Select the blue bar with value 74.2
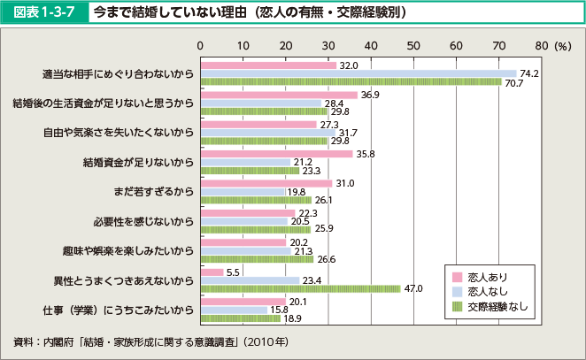(x=358, y=73)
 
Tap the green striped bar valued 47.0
(x=301, y=288)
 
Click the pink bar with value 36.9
(x=279, y=95)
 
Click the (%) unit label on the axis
(x=560, y=43)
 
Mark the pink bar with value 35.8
(x=276, y=154)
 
